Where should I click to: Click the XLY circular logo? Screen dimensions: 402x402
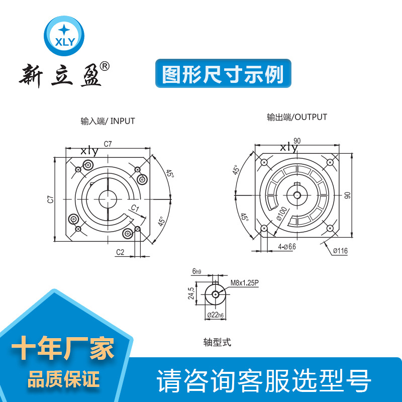click(x=64, y=36)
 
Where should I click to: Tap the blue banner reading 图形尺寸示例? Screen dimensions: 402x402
click(x=223, y=73)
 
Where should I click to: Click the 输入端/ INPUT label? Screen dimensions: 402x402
click(x=108, y=121)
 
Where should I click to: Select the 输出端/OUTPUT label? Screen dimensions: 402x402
click(x=297, y=117)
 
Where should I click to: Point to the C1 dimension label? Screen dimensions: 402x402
click(x=135, y=208)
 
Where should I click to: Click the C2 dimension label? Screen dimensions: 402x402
click(x=120, y=252)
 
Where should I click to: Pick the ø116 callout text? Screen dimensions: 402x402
click(x=341, y=251)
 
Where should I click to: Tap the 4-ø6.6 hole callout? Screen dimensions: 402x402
click(x=287, y=247)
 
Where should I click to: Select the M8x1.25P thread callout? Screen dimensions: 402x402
click(x=245, y=283)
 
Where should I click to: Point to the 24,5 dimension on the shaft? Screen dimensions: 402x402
click(x=191, y=293)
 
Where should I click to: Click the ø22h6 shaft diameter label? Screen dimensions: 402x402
click(x=216, y=315)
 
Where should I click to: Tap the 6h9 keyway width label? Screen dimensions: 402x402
click(x=196, y=271)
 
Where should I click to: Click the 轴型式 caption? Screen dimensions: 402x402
click(x=217, y=342)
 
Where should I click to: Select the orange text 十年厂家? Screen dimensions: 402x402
click(x=63, y=348)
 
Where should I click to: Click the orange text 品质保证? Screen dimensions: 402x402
click(x=63, y=379)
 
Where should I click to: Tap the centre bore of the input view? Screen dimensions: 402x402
click(x=108, y=199)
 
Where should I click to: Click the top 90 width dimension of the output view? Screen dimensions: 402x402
click(x=297, y=141)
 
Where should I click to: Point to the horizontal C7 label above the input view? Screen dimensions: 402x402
click(x=108, y=144)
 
